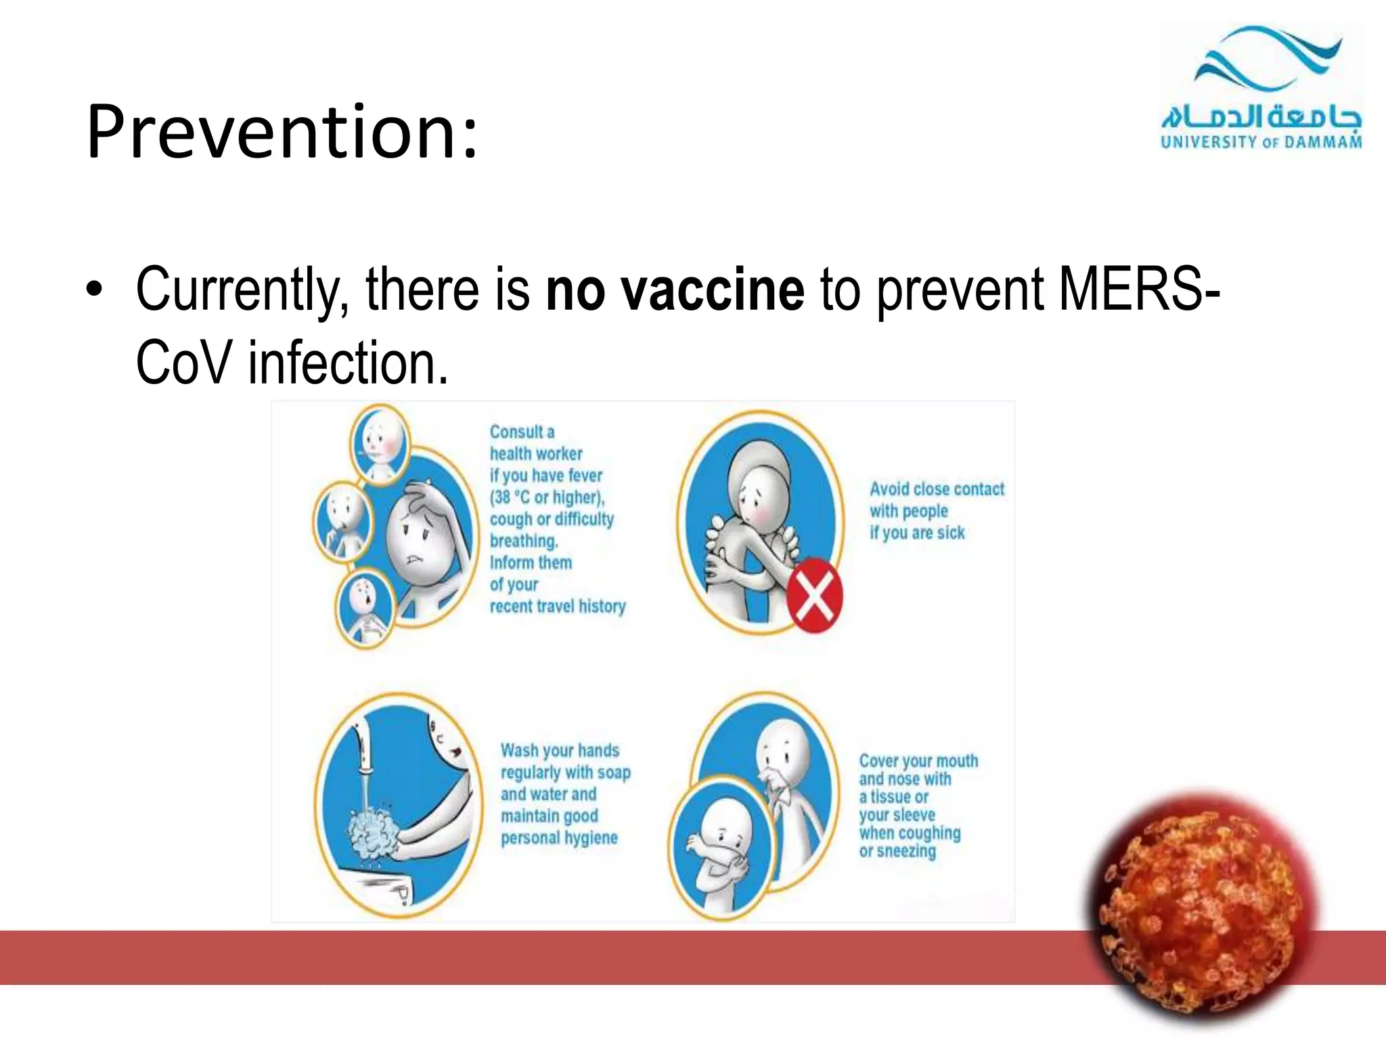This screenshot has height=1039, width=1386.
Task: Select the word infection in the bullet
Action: pyautogui.click(x=348, y=364)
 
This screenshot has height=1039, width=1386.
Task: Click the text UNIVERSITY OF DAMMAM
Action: pyautogui.click(x=1261, y=142)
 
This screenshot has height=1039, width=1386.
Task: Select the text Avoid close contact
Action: pyautogui.click(x=937, y=489)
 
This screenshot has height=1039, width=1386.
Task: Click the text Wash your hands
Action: pyautogui.click(x=560, y=751)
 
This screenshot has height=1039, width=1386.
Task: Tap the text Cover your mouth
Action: pyautogui.click(x=918, y=761)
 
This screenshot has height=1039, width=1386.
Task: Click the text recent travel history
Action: pyautogui.click(x=558, y=607)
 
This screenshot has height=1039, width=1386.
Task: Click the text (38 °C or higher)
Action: pyautogui.click(x=547, y=498)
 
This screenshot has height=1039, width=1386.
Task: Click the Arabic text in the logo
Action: pyautogui.click(x=1261, y=116)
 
